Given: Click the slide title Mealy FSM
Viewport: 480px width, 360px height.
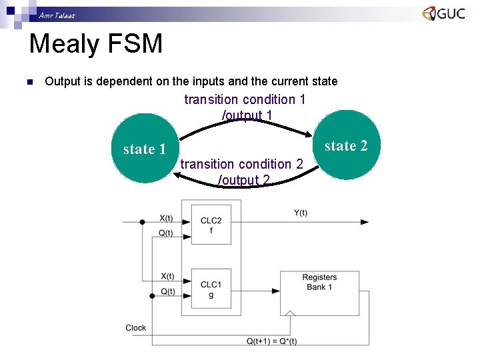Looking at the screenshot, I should click(96, 45).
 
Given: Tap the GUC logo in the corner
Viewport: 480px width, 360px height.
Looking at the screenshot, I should click(443, 13).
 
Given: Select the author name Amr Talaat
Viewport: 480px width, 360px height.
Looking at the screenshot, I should click(57, 15).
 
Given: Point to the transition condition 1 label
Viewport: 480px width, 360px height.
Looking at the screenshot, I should click(245, 99).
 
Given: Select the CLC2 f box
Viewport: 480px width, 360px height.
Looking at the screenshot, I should click(211, 225).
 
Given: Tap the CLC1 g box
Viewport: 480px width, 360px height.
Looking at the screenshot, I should click(211, 289).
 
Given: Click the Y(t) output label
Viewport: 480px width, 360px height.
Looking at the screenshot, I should click(301, 213).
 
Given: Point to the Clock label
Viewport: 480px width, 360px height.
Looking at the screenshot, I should click(135, 327).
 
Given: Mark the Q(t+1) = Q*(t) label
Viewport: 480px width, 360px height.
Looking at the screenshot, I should click(271, 341).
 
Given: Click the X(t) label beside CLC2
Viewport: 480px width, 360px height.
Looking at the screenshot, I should click(166, 217).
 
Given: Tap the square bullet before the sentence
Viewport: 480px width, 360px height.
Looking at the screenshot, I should click(29, 82).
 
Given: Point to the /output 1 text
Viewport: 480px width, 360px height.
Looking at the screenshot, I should click(247, 115).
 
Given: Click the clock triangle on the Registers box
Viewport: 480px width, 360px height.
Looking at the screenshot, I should click(290, 311).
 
